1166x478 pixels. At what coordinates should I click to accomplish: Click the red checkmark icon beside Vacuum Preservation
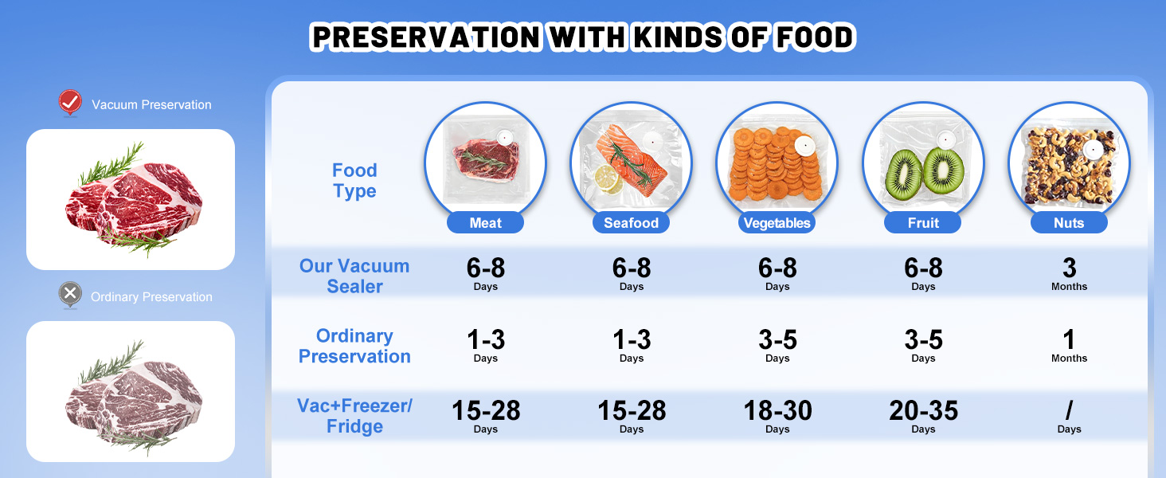[70, 102]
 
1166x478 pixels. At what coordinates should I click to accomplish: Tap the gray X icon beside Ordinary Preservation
[70, 295]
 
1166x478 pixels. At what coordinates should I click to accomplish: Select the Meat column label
[485, 223]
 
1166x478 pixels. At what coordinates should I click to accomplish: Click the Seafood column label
[631, 223]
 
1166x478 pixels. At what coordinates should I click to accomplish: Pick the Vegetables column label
[777, 223]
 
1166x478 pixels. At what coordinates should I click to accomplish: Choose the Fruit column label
[923, 223]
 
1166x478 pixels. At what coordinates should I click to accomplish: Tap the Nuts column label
[1069, 223]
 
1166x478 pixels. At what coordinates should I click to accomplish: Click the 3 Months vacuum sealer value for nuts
[1069, 274]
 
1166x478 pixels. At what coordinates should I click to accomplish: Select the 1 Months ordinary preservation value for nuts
[1069, 345]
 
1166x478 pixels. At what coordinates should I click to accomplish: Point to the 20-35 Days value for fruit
[923, 416]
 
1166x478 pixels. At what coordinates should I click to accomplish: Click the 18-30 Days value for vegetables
[777, 416]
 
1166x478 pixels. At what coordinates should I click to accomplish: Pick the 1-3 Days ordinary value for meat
[486, 345]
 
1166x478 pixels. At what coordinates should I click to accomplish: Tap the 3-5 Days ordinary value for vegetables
[777, 345]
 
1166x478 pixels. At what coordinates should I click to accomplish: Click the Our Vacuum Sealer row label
[354, 276]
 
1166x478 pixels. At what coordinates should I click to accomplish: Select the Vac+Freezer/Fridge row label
[354, 416]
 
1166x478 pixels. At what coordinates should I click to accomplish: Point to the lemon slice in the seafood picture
[608, 178]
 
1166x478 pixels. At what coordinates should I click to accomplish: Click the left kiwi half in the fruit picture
[903, 175]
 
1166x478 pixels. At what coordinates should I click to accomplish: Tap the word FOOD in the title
[815, 37]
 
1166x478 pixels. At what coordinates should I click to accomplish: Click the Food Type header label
[354, 180]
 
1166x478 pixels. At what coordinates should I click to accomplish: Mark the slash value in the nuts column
[1069, 410]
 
